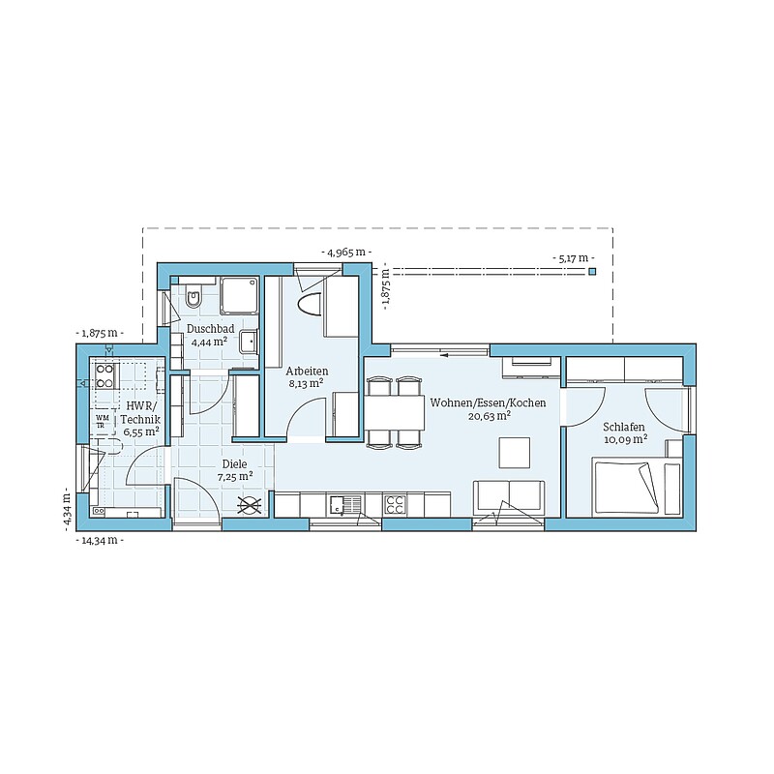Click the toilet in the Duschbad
pos(193,295)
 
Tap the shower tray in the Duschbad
pos(239,295)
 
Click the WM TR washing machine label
pos(102,421)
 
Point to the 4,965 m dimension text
pos(346,253)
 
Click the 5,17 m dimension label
pos(573,257)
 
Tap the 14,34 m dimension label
pos(100,540)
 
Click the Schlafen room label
pos(624,427)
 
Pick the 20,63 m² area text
pos(490,416)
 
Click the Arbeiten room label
pos(307,371)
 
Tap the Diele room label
pos(234,464)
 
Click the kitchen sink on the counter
pos(343,505)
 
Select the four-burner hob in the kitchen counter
pos(396,505)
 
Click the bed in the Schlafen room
pos(626,488)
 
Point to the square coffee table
pos(515,453)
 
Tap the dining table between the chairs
pos(395,413)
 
